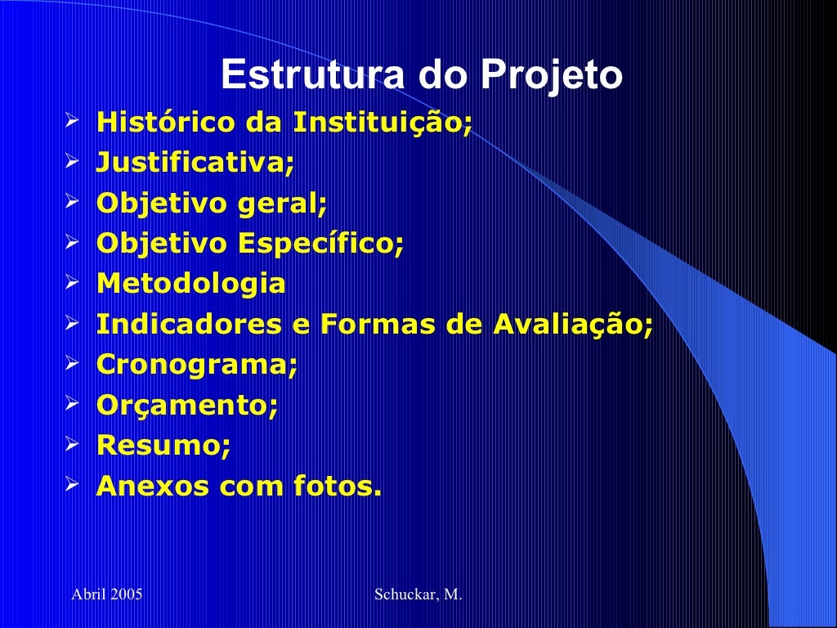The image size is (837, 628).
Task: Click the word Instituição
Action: point(383,123)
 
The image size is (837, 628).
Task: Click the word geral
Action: point(282,204)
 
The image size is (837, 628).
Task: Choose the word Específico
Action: point(320,244)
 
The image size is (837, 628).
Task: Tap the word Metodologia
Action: point(191,284)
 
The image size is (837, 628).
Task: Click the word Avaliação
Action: point(573,325)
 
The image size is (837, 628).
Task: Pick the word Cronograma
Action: point(197,365)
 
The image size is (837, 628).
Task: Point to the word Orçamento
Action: point(187,406)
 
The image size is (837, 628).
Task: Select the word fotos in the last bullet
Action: point(336,487)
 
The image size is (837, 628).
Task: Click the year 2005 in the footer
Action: point(126,594)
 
